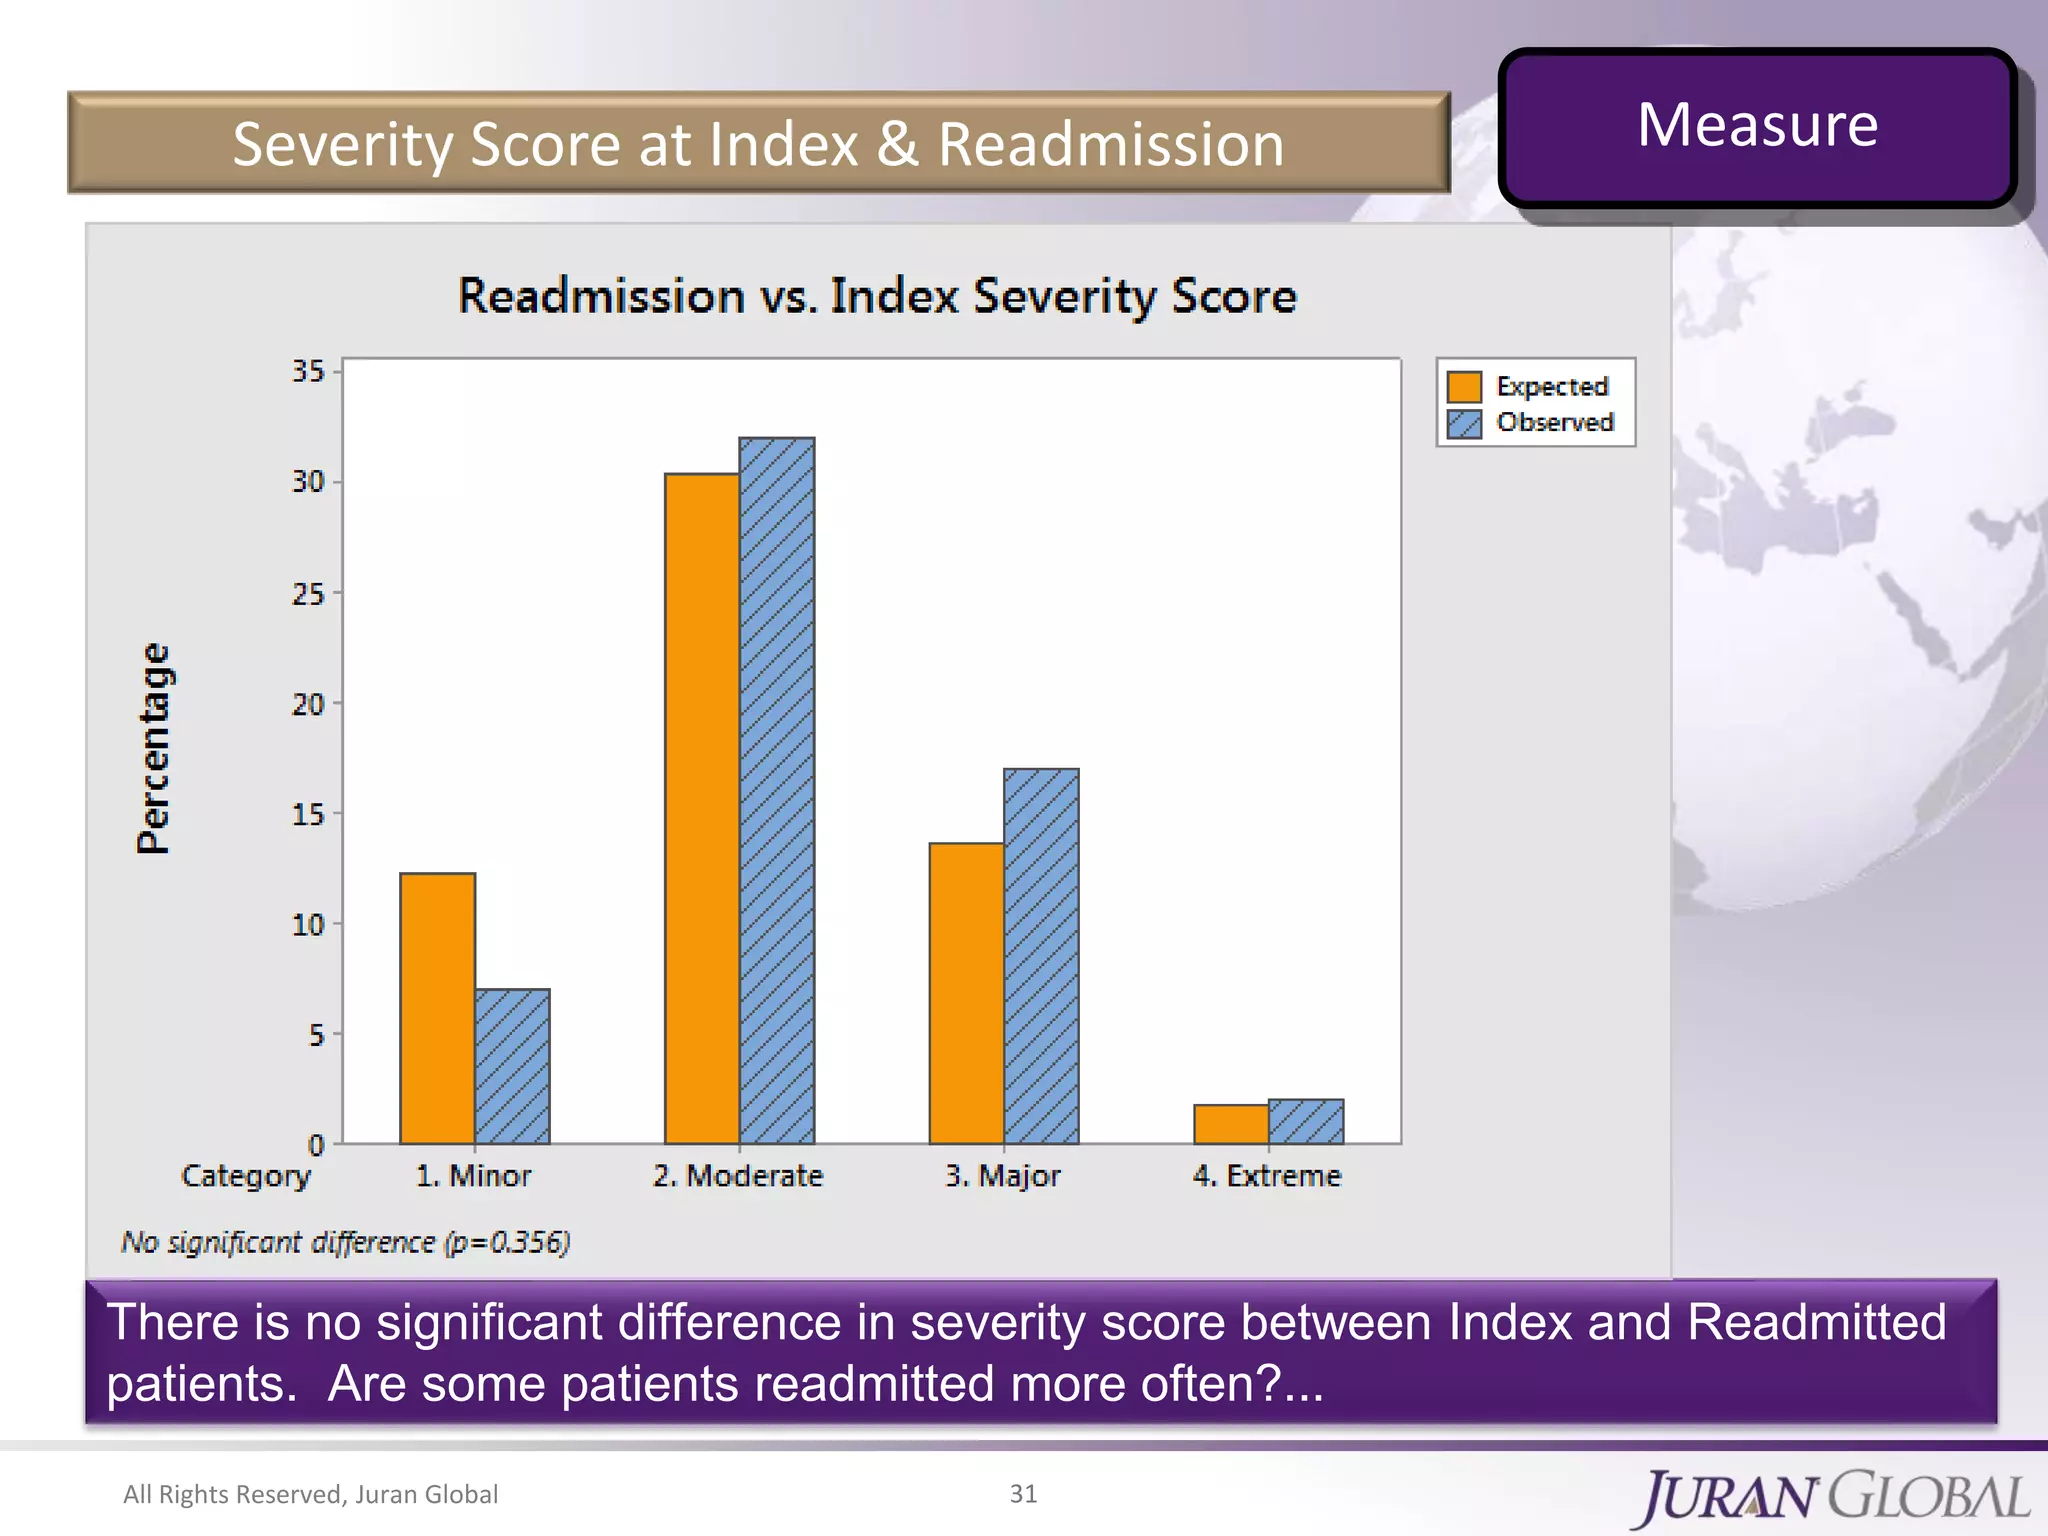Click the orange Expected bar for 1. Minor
click(437, 1008)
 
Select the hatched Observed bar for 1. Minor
click(512, 1066)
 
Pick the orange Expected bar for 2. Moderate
click(702, 808)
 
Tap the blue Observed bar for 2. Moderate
click(777, 790)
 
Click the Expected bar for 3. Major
click(966, 993)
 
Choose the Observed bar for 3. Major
click(1041, 956)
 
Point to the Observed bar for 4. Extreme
click(1306, 1122)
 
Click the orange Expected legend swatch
click(1464, 387)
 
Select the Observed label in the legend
click(1555, 423)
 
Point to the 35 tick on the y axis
click(308, 372)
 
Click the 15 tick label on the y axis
click(308, 815)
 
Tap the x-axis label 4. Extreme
click(1266, 1176)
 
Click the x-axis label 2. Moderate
click(738, 1176)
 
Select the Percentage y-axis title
click(153, 748)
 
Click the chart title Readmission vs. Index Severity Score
click(877, 297)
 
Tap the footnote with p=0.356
click(345, 1242)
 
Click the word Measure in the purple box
click(1757, 126)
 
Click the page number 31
click(1023, 1493)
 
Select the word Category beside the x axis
click(246, 1176)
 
